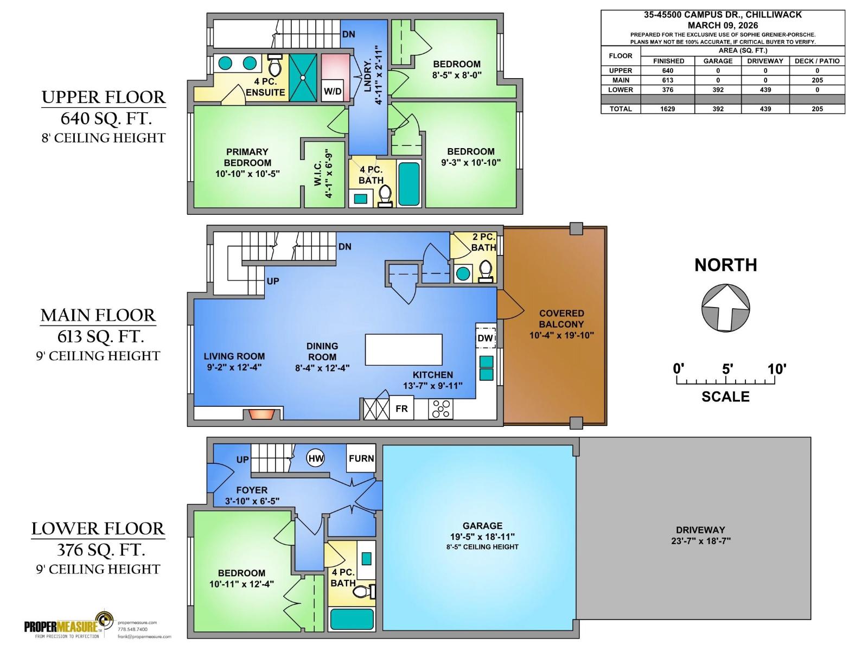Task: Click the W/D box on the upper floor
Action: coord(333,91)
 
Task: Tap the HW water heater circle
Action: coord(316,458)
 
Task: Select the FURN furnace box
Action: coord(361,458)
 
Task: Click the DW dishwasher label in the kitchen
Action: coord(485,338)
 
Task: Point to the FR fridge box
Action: coord(401,409)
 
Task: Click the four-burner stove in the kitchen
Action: coord(441,409)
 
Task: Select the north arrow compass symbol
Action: coord(725,308)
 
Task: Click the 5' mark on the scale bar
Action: coord(727,369)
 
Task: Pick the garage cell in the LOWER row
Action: coord(718,90)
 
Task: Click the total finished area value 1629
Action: coord(667,109)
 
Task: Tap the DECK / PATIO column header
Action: coord(817,61)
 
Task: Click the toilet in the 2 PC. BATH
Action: coord(486,270)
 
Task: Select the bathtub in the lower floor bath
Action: coord(352,620)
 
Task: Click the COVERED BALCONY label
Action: coord(561,318)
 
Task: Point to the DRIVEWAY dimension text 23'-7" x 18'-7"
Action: coord(700,541)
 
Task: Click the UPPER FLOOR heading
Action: coord(103,98)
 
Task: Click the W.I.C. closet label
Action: coord(323,174)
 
